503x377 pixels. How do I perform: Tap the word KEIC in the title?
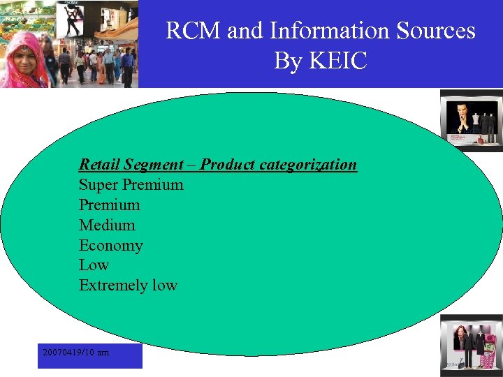coord(338,61)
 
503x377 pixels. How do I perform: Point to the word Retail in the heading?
coord(99,165)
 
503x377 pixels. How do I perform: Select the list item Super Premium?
coord(131,185)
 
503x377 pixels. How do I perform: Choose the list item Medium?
coord(107,226)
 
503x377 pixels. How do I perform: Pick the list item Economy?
coord(110,246)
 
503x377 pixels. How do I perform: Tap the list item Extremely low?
coord(128,286)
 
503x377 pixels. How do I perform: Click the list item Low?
coord(94,265)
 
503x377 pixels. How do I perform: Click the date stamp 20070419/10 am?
coord(75,353)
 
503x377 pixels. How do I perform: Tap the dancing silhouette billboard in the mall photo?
coord(73,17)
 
